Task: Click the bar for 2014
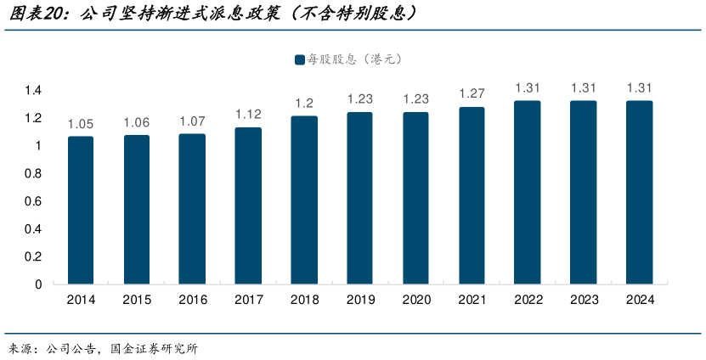81,210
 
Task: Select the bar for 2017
248,205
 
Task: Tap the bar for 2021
472,195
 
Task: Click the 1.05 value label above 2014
81,124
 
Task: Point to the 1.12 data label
248,115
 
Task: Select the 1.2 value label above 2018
304,104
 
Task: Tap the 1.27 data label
472,93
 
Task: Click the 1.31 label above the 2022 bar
528,88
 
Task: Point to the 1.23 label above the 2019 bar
360,99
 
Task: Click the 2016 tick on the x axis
192,300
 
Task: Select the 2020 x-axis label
415,300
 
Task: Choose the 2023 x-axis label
584,300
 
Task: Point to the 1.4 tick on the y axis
33,90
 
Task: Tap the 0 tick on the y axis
38,284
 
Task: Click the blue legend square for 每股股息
300,59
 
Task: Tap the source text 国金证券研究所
155,348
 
